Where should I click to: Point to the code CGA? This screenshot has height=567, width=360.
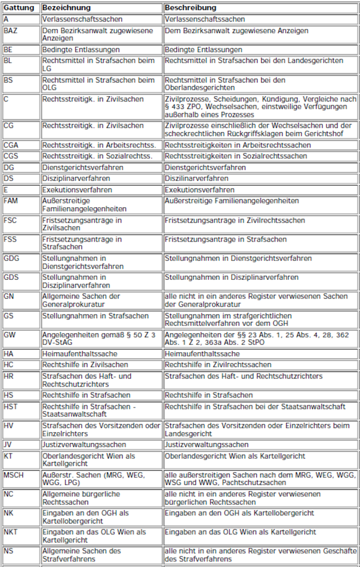coord(12,145)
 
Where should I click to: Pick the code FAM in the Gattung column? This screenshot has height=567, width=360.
coord(11,201)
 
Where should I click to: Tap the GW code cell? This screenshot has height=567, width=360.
coord(10,335)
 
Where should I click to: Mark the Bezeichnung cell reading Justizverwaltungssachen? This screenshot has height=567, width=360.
coord(84,445)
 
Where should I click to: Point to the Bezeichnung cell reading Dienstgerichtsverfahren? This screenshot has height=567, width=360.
coord(82,168)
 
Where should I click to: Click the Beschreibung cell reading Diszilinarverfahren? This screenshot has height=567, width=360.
coord(196,178)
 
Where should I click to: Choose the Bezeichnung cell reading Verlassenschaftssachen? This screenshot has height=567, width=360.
coord(82,19)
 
